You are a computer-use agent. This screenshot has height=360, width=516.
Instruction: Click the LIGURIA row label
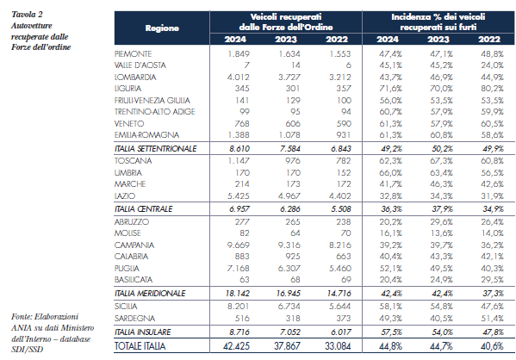pyautogui.click(x=127, y=89)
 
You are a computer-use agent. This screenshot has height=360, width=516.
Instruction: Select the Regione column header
pyautogui.click(x=162, y=28)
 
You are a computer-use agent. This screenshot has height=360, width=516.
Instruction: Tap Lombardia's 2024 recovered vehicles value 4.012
pyautogui.click(x=239, y=77)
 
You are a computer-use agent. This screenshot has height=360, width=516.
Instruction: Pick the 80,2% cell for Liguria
pyautogui.click(x=492, y=89)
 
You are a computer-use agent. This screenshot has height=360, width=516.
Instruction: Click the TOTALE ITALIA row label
pyautogui.click(x=140, y=346)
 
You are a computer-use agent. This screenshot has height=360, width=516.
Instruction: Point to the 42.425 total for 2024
pyautogui.click(x=236, y=346)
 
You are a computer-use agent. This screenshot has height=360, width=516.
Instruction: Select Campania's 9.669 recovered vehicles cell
pyautogui.click(x=239, y=245)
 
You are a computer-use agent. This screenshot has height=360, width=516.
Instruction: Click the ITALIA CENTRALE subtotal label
pyautogui.click(x=143, y=209)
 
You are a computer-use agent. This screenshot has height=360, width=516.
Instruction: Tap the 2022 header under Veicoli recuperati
pyautogui.click(x=337, y=40)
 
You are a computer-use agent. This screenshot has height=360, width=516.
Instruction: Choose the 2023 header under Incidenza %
pyautogui.click(x=438, y=40)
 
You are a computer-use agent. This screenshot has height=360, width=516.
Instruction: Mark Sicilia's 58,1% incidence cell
pyautogui.click(x=390, y=307)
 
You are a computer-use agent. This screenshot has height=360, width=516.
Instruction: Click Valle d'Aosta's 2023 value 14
pyautogui.click(x=295, y=65)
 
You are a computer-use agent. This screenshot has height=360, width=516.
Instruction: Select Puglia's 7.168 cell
pyautogui.click(x=239, y=268)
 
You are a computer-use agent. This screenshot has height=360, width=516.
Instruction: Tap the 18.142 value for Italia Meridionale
pyautogui.click(x=238, y=293)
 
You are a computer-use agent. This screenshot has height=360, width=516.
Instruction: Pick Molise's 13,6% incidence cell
pyautogui.click(x=441, y=233)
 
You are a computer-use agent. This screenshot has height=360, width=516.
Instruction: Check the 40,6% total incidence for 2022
pyautogui.click(x=492, y=346)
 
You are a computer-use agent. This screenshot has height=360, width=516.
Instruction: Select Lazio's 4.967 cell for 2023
pyautogui.click(x=289, y=196)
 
